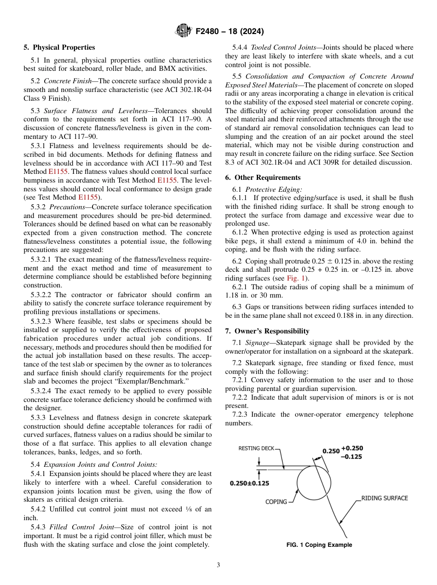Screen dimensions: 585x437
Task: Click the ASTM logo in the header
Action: (184, 31)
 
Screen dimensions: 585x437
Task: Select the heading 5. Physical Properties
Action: (59, 47)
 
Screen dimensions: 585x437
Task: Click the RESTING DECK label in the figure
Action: (256, 448)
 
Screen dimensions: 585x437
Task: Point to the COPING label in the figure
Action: (276, 502)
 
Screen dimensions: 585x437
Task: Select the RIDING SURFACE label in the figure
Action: (384, 498)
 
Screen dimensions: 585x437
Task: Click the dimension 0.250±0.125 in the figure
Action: (249, 483)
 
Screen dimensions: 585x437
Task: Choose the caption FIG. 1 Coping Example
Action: (319, 545)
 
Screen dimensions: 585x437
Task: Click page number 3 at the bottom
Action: (218, 565)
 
